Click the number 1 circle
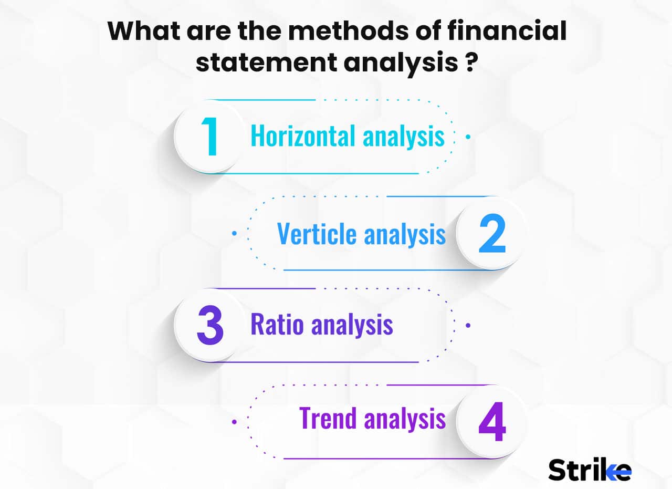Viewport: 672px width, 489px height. pyautogui.click(x=210, y=137)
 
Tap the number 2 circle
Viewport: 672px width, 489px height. pyautogui.click(x=491, y=234)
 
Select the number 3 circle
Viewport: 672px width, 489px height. pyautogui.click(x=210, y=326)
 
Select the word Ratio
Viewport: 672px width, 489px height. pyautogui.click(x=277, y=325)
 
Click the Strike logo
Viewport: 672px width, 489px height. pyautogui.click(x=590, y=469)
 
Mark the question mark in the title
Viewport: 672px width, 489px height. pyautogui.click(x=471, y=64)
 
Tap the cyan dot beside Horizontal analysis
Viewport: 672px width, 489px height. pyautogui.click(x=468, y=137)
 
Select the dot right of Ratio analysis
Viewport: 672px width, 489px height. pyautogui.click(x=468, y=325)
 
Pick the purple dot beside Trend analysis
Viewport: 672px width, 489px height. pyautogui.click(x=234, y=421)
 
